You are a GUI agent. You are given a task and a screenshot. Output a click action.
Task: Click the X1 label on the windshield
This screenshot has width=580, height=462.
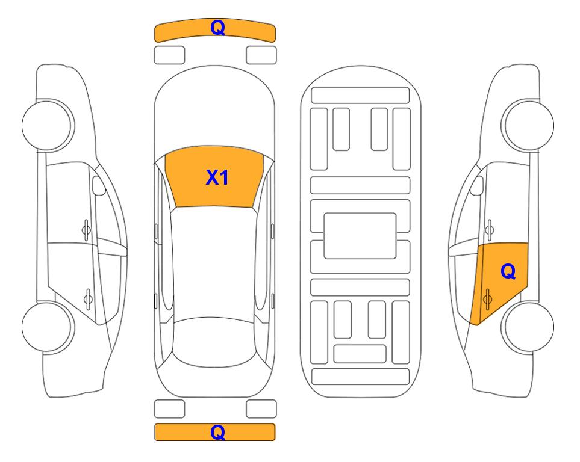point(217,177)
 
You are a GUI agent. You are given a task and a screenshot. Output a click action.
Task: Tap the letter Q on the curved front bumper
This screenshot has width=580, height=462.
point(217,27)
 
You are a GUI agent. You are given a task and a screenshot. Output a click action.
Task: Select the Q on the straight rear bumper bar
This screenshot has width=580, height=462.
point(217,432)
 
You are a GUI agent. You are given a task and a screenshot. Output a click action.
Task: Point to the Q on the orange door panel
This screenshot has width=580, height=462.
point(508,272)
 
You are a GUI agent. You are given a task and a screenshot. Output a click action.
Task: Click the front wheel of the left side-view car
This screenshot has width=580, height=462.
point(48,125)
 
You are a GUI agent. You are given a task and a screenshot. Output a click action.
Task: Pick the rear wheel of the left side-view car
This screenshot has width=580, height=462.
point(48,327)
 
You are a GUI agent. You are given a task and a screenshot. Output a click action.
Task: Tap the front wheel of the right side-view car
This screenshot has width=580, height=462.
point(528,125)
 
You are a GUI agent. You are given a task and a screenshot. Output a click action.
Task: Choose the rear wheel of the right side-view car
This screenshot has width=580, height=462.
point(528,327)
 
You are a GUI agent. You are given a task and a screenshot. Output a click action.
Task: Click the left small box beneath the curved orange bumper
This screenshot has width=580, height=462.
point(169,55)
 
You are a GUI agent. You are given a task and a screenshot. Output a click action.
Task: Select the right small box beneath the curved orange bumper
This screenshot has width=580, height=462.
point(261,55)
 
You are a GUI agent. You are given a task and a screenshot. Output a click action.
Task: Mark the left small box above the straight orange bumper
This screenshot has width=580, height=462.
point(169,409)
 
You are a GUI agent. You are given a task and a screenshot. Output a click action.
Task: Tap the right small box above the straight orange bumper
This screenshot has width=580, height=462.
point(261,409)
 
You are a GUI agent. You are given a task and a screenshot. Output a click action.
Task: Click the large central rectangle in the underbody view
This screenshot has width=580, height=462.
point(360,236)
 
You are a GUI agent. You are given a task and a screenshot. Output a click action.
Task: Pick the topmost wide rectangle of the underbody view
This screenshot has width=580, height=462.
point(360,96)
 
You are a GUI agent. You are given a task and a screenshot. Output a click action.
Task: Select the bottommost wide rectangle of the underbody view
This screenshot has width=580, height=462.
point(361,376)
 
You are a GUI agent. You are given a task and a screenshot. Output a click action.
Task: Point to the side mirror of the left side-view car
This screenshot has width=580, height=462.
point(99,185)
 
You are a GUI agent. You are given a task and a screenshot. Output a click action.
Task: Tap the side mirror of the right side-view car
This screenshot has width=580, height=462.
point(477,185)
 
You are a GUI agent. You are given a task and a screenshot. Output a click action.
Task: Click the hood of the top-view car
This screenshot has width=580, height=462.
point(214,111)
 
